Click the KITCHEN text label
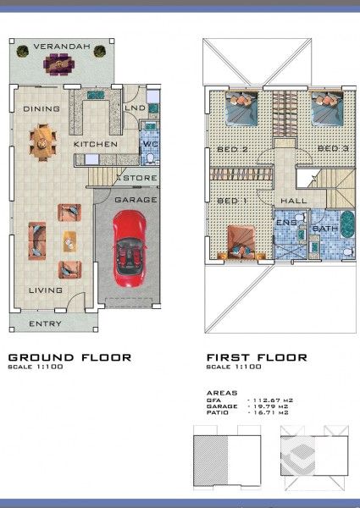click(95, 145)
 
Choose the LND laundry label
click(135, 108)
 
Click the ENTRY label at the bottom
click(44, 324)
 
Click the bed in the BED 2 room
click(240, 108)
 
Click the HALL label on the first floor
click(293, 201)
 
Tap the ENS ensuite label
click(285, 221)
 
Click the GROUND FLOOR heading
click(69, 357)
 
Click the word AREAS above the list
click(223, 394)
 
